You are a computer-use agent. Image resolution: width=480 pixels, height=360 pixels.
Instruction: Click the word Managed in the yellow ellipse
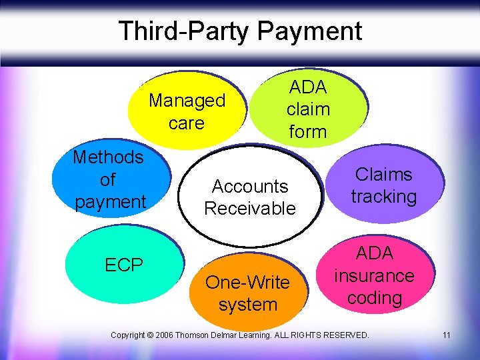pyautogui.click(x=187, y=101)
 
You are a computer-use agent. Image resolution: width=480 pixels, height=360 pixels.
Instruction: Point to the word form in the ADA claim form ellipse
pyautogui.click(x=307, y=131)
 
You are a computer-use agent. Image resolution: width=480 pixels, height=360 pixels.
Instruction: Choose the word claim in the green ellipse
pyautogui.click(x=307, y=109)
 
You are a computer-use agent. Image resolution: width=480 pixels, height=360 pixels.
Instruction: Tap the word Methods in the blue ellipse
pyautogui.click(x=108, y=157)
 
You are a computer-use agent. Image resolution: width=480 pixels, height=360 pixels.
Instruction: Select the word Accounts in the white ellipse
pyautogui.click(x=249, y=187)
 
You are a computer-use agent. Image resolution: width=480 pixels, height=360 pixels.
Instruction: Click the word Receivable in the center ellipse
pyautogui.click(x=249, y=209)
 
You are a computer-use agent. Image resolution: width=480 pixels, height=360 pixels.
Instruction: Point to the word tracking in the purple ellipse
pyautogui.click(x=384, y=197)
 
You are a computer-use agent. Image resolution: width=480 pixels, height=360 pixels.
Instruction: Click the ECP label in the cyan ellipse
pyautogui.click(x=124, y=265)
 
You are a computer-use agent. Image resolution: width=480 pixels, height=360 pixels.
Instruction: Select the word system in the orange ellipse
pyautogui.click(x=247, y=305)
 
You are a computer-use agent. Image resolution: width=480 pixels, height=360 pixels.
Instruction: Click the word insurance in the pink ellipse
pyautogui.click(x=374, y=276)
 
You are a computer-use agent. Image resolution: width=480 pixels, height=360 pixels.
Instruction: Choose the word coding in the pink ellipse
pyautogui.click(x=374, y=298)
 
